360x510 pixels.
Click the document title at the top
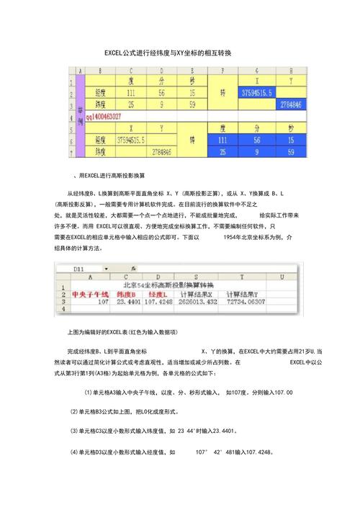(x=181, y=54)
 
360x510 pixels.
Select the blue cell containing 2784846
(x=291, y=104)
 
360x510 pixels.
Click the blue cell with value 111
(x=224, y=139)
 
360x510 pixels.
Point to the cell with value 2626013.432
(x=195, y=303)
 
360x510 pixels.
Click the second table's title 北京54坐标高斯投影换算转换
(x=181, y=285)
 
